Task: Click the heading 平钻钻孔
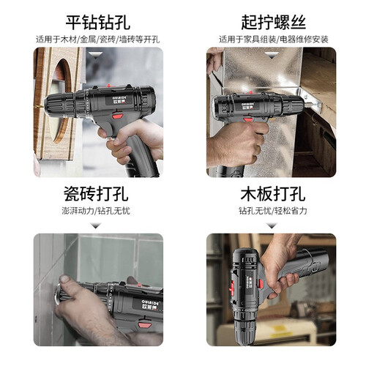[97, 23]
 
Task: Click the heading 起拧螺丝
[273, 23]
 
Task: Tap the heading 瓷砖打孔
[96, 194]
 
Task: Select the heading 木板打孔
[273, 194]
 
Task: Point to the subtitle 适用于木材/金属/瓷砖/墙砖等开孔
[98, 40]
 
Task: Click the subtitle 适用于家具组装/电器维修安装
[274, 40]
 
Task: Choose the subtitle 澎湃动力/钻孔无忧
[96, 211]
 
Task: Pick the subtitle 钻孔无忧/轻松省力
[273, 211]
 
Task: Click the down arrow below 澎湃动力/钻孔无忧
[96, 225]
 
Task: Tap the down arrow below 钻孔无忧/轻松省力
[272, 225]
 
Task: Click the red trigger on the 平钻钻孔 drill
[118, 115]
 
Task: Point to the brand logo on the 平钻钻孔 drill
[119, 100]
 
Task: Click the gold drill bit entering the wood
[40, 105]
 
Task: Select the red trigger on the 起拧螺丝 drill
[248, 119]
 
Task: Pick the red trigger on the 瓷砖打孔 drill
[145, 324]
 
